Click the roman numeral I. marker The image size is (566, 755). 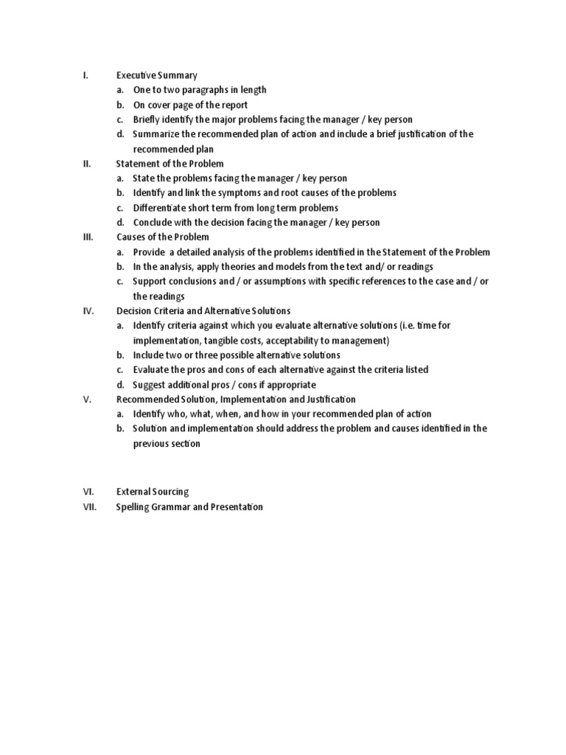(x=85, y=75)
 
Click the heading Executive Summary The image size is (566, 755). (x=157, y=75)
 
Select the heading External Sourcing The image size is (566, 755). (x=153, y=492)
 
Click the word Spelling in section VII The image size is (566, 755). (x=134, y=507)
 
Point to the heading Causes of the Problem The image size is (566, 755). (x=163, y=237)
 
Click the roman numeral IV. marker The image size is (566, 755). (x=88, y=311)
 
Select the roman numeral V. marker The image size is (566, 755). (x=87, y=400)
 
